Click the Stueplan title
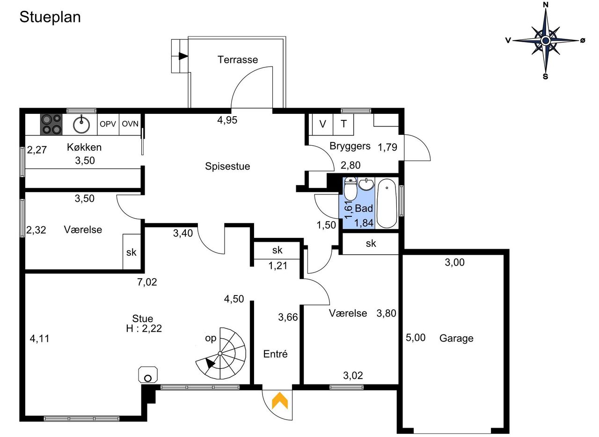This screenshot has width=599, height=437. tap(50, 17)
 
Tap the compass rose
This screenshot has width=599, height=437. tap(545, 41)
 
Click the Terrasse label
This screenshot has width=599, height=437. tap(238, 59)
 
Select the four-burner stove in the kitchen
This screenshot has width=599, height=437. tap(51, 125)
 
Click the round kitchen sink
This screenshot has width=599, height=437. tap(81, 125)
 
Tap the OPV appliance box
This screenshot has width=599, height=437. tap(108, 124)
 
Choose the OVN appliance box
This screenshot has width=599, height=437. tap(130, 124)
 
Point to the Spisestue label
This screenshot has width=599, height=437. tap(227, 166)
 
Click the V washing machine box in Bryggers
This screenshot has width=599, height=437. tap(323, 124)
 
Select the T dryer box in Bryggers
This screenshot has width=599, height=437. tap(343, 124)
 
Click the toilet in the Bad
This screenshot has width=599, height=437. tap(351, 188)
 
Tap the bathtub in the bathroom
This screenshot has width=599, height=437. tap(387, 204)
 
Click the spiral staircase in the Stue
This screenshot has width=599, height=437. tap(221, 353)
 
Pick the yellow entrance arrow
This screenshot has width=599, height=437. tap(280, 400)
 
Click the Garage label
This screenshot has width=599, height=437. tap(456, 338)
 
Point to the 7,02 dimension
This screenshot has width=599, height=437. tap(147, 282)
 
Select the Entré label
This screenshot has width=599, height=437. tap(276, 354)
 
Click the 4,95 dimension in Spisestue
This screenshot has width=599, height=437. tap(227, 120)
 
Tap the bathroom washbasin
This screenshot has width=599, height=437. tap(366, 184)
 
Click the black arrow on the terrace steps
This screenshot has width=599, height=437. tap(183, 56)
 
